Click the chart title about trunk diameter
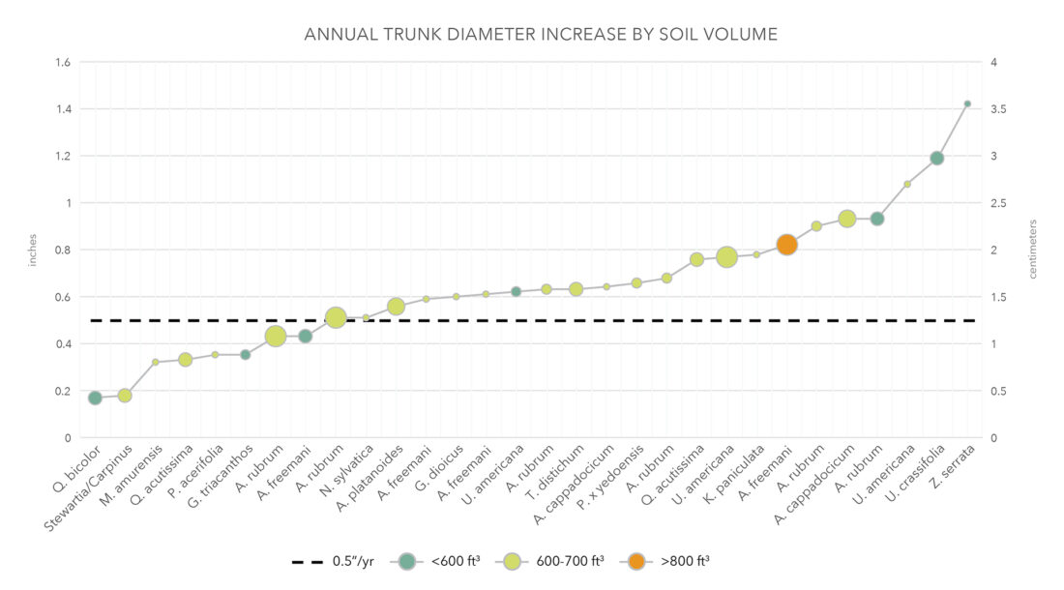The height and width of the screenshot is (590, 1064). (x=541, y=35)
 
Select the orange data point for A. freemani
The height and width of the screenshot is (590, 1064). (x=786, y=245)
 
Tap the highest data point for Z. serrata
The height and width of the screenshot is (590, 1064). (x=967, y=103)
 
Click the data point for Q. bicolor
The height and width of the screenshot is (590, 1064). (x=95, y=398)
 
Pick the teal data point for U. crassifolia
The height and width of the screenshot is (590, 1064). (x=936, y=158)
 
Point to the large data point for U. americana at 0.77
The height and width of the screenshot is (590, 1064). (x=726, y=256)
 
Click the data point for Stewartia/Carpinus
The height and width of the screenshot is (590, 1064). (x=125, y=395)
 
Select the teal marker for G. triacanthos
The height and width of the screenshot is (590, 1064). (x=246, y=354)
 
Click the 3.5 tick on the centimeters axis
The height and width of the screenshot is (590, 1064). (x=999, y=109)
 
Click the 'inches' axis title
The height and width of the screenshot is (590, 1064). (x=33, y=250)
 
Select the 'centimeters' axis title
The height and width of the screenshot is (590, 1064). (x=1032, y=250)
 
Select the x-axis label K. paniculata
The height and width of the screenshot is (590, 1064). (x=740, y=474)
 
